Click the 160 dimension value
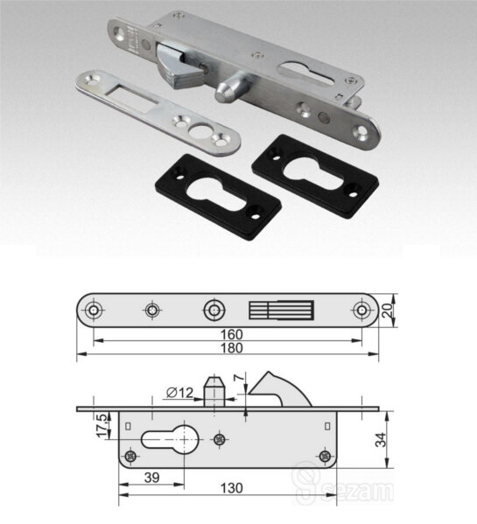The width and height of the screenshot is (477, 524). pos(232,334)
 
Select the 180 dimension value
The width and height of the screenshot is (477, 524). pos(232,348)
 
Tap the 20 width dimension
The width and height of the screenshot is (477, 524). pos(388,311)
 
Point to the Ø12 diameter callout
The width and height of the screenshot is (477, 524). pos(179,392)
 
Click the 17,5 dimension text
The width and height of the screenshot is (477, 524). pos(102,425)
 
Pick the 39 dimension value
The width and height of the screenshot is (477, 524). pos(151,478)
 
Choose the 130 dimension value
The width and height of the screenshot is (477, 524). pos(232,488)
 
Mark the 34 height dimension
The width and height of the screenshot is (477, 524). pos(381,439)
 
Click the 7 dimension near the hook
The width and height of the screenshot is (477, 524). pos(239,378)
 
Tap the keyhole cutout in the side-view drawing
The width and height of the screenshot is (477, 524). pos(171,439)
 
